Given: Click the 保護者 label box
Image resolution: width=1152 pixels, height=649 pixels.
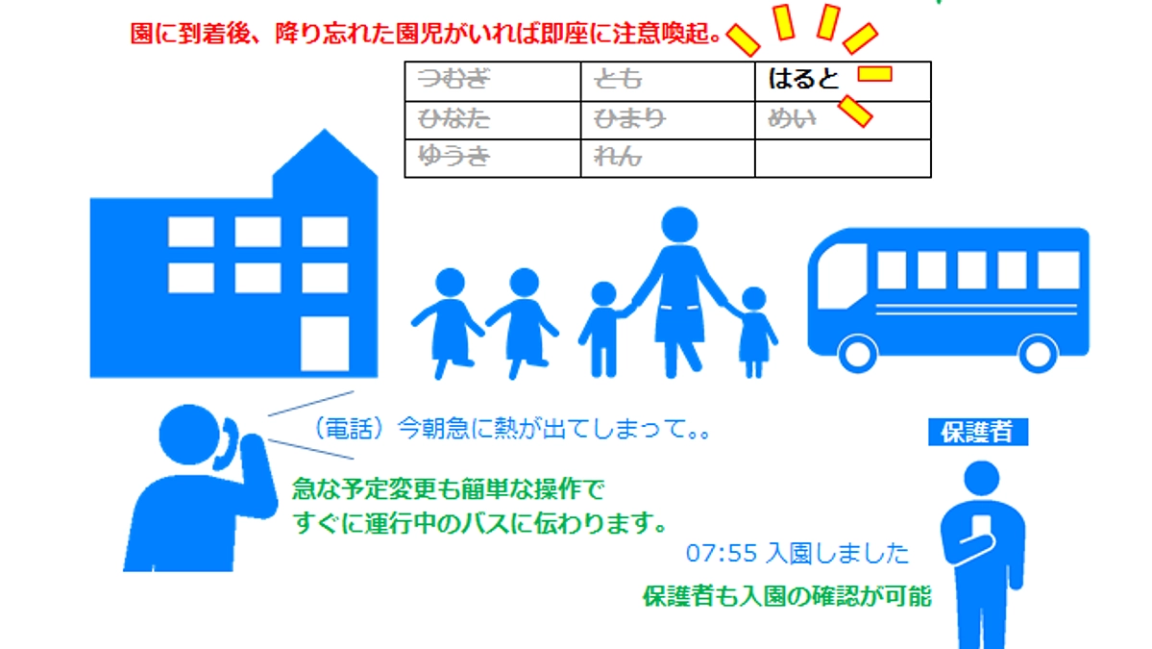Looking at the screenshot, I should (x=977, y=433).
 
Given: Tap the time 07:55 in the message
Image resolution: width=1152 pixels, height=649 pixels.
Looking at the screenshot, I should (x=713, y=554).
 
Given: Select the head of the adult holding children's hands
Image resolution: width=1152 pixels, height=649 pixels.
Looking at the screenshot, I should (x=679, y=226).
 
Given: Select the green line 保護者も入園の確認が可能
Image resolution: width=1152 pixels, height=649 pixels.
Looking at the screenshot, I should (x=786, y=597).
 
